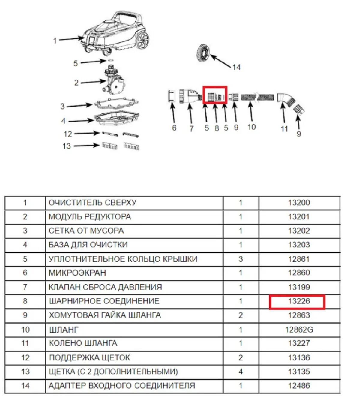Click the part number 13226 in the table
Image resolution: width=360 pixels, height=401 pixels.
(x=299, y=301)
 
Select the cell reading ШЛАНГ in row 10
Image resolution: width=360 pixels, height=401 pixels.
(x=64, y=330)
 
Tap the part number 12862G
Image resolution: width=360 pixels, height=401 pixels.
(x=299, y=330)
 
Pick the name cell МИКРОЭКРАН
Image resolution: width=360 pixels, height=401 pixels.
(x=77, y=273)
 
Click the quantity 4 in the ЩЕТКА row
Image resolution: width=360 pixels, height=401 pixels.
(x=241, y=372)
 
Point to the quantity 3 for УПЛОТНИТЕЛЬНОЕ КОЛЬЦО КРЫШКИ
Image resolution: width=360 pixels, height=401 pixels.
(x=241, y=259)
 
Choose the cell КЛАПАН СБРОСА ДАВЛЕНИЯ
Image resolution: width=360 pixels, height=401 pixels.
(x=105, y=287)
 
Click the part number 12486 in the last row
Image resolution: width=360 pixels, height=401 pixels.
(x=299, y=386)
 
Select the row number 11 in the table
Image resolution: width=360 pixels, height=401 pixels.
(x=25, y=343)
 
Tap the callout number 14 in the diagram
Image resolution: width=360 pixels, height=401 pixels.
(x=236, y=67)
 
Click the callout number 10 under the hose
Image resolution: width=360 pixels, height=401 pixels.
(x=251, y=127)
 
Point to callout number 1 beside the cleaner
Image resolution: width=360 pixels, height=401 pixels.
(x=55, y=41)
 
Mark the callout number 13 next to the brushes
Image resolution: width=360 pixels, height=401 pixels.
(x=67, y=146)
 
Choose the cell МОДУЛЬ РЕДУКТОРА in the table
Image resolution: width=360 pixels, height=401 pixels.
(x=90, y=217)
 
